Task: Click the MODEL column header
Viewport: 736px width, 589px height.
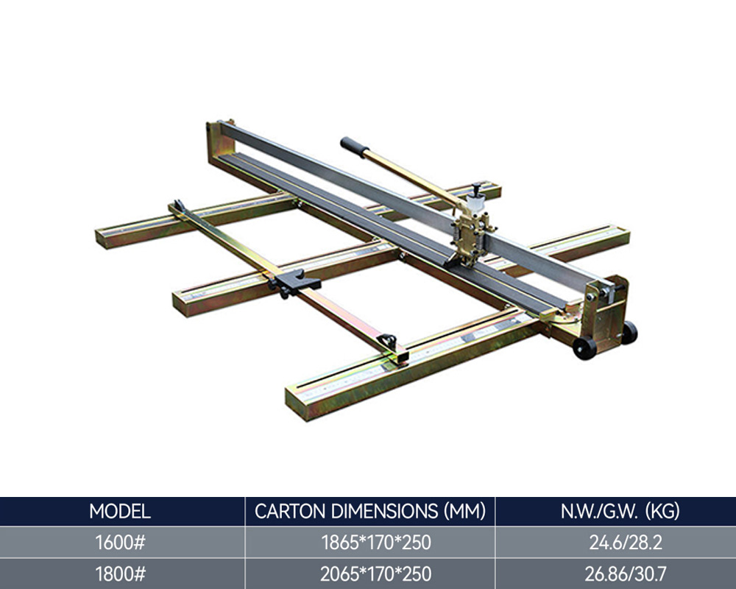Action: pyautogui.click(x=120, y=511)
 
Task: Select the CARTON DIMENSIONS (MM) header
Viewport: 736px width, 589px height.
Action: pyautogui.click(x=370, y=511)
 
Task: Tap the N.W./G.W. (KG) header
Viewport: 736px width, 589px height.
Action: pyautogui.click(x=620, y=511)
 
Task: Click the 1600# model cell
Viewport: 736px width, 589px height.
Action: pyautogui.click(x=120, y=543)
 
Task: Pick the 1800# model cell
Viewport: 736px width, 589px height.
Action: pyautogui.click(x=120, y=574)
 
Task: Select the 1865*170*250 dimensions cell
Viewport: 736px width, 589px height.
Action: pyautogui.click(x=376, y=543)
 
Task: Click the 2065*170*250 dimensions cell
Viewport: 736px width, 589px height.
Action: pyautogui.click(x=375, y=574)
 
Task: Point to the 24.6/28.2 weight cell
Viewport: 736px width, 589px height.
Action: pyautogui.click(x=626, y=543)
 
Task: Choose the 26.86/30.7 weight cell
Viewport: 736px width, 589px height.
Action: pyautogui.click(x=626, y=574)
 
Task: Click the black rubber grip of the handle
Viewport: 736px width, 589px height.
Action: pyautogui.click(x=355, y=147)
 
